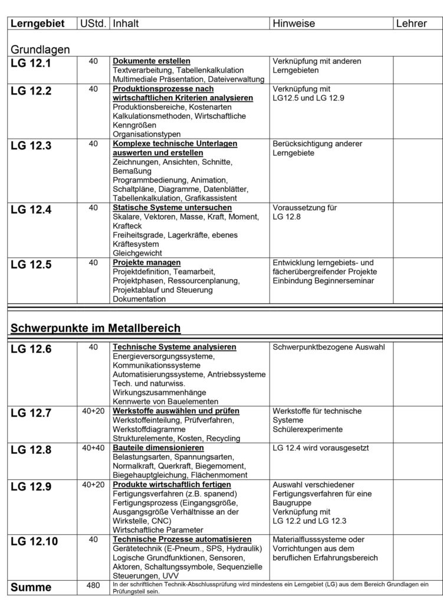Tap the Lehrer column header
[x=412, y=23]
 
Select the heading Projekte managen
[x=147, y=262]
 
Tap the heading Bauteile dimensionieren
[x=158, y=448]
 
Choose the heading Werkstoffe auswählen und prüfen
[x=175, y=411]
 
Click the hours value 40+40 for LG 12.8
[x=93, y=448]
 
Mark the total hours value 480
[x=93, y=585]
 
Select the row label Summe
[x=31, y=587]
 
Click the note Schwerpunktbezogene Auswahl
[x=329, y=347]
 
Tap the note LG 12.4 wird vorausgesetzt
[x=321, y=448]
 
